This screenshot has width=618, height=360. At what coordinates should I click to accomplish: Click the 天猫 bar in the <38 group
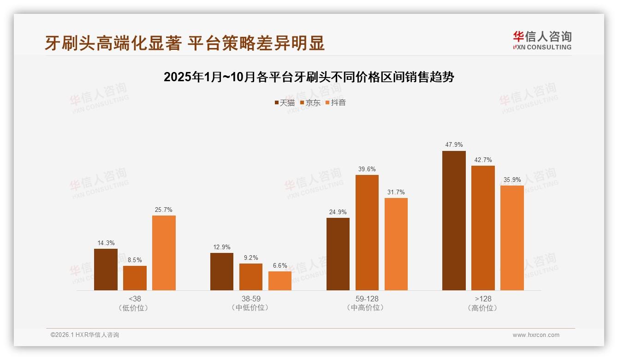click(106, 270)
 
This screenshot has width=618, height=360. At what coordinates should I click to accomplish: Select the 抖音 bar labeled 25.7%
click(164, 253)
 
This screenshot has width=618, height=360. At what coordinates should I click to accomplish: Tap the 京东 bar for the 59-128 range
click(367, 233)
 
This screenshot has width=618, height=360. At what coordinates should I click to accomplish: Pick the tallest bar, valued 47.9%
click(454, 221)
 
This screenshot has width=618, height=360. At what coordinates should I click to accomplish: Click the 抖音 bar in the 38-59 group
click(280, 281)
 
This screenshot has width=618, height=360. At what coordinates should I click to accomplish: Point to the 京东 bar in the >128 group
click(483, 228)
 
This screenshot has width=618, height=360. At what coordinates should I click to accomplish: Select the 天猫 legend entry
click(285, 102)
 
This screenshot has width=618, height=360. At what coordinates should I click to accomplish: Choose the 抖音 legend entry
click(336, 102)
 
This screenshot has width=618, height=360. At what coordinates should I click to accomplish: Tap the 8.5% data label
click(135, 260)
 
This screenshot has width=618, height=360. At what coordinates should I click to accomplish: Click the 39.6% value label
click(367, 169)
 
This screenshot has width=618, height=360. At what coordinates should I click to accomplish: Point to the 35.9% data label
click(512, 180)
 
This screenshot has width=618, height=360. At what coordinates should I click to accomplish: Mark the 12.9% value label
click(222, 247)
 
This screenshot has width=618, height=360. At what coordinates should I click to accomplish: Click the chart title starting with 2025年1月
click(309, 77)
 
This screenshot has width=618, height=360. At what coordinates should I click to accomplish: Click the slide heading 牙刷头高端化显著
click(184, 43)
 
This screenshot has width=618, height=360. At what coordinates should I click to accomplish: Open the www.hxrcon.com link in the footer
click(536, 335)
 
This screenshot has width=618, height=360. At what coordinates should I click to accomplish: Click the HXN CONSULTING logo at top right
click(542, 40)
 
